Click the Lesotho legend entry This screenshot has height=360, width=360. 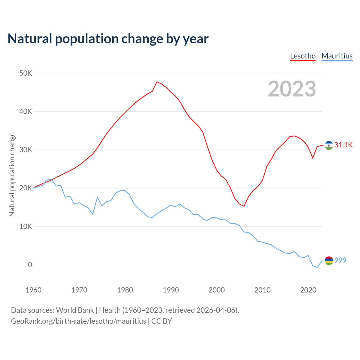click(303, 56)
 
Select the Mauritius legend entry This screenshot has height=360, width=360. click(337, 56)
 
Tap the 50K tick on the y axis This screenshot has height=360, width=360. click(26, 73)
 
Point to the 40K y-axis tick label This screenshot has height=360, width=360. click(26, 112)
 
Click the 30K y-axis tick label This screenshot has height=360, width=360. click(26, 150)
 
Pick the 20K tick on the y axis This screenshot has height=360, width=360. click(26, 188)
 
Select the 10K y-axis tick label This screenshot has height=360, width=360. click(26, 226)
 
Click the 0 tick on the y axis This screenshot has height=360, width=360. click(30, 265)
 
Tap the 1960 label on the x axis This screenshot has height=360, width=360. click(33, 290)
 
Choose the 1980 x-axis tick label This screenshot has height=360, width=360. click(125, 290)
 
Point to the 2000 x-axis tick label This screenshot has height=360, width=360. click(217, 290)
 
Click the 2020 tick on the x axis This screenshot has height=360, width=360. click(308, 290)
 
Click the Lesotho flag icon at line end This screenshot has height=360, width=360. click(329, 145)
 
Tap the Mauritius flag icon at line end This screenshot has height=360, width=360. click(329, 261)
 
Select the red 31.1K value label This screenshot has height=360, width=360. click(343, 145)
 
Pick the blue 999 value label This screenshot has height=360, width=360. click(340, 260)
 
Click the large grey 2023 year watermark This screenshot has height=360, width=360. click(292, 89)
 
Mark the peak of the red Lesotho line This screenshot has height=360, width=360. click(157, 82)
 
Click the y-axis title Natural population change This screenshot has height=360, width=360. click(12, 175)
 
